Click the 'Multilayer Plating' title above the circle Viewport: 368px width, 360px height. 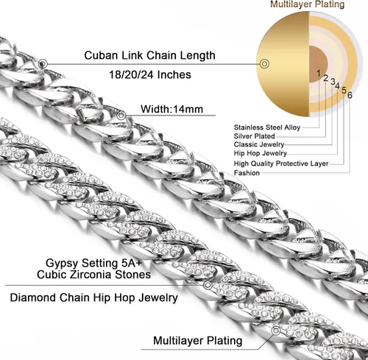(x=308, y=4)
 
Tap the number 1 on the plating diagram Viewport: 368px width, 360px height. (x=319, y=73)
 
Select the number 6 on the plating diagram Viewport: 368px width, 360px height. (x=350, y=95)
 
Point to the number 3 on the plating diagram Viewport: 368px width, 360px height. (x=333, y=81)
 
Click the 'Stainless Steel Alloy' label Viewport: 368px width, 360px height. (x=267, y=127)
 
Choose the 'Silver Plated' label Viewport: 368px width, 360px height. (x=254, y=136)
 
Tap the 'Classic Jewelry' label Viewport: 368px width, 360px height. (x=259, y=144)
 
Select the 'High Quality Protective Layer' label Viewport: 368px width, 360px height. (x=281, y=163)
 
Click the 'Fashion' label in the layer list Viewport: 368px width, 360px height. (x=247, y=173)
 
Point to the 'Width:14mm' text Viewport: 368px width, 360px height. (x=171, y=109)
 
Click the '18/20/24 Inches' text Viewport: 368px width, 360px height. (x=150, y=74)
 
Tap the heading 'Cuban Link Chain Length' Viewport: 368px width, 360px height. (x=149, y=55)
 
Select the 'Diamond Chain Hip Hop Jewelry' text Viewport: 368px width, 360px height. (x=93, y=297)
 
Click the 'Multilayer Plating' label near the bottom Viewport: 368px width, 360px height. (x=198, y=341)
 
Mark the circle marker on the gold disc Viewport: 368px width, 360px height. (x=264, y=64)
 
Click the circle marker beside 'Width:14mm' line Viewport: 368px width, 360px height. (x=121, y=115)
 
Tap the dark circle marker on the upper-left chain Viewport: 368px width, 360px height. (x=43, y=64)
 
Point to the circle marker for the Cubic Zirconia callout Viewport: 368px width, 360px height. (x=208, y=285)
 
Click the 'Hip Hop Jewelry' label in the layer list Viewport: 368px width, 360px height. (x=261, y=153)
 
